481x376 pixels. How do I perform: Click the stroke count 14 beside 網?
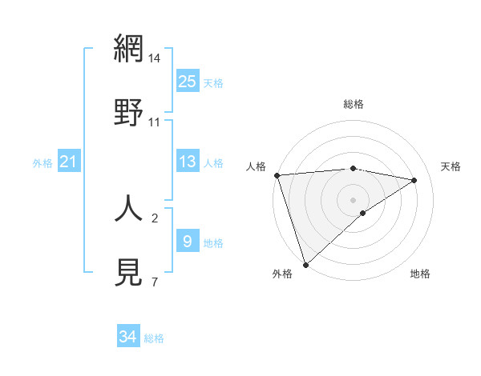[155, 58]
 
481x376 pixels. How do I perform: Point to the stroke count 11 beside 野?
[155, 122]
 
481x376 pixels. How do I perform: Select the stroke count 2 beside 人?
[155, 217]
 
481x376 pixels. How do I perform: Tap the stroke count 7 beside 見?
[155, 282]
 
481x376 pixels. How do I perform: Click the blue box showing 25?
[188, 82]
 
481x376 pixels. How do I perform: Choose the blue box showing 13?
[188, 162]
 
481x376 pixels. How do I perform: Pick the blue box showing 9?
[188, 242]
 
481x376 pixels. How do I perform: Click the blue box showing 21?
[69, 162]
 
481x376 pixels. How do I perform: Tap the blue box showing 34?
[128, 338]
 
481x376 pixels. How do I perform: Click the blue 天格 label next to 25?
[213, 82]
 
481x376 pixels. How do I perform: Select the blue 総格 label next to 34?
[154, 338]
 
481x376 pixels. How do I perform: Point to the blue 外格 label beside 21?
[42, 163]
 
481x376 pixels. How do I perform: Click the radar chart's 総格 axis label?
[353, 104]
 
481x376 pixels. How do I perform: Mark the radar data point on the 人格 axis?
[277, 175]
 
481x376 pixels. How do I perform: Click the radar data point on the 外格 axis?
[305, 263]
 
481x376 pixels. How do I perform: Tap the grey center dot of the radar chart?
[353, 199]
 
